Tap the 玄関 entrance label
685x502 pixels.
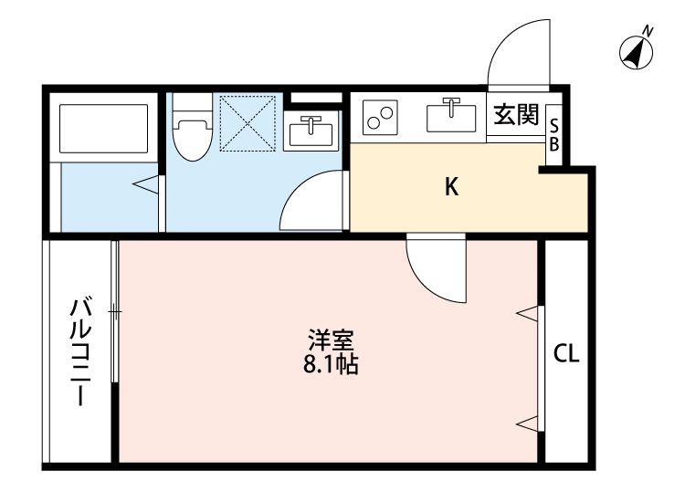[516, 115]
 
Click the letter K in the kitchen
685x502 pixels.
[451, 187]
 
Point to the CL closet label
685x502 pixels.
[566, 354]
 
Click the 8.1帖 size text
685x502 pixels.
[331, 365]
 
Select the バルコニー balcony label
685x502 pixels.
[80, 350]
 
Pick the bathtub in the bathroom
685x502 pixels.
[103, 130]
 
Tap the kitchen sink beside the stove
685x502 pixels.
[450, 117]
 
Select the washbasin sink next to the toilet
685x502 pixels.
[311, 132]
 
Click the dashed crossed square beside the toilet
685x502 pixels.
[248, 121]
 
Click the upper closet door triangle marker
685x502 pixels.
[527, 314]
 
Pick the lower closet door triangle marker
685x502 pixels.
[527, 422]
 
